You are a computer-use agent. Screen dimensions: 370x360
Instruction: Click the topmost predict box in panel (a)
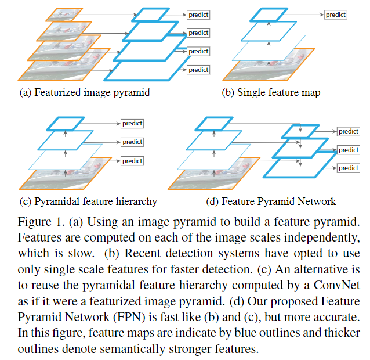(x=198, y=15)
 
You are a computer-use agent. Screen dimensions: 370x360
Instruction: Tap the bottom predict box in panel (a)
(x=198, y=70)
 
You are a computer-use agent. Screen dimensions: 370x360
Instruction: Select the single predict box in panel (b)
(x=336, y=15)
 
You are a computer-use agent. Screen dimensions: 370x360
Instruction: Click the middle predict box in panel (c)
(x=132, y=142)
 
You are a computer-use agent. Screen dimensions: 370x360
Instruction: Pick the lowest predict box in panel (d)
(x=349, y=168)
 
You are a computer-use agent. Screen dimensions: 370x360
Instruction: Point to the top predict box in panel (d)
(x=349, y=131)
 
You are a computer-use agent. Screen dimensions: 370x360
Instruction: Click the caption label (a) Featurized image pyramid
(x=85, y=92)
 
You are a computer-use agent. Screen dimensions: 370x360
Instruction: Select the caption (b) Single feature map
(x=271, y=92)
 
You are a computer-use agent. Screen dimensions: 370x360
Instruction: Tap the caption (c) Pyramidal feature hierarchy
(x=88, y=201)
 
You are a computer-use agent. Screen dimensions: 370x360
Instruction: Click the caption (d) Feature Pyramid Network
(x=271, y=201)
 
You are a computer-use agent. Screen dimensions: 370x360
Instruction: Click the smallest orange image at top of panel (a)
(x=64, y=15)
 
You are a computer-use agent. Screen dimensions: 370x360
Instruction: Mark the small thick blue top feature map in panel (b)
(x=269, y=15)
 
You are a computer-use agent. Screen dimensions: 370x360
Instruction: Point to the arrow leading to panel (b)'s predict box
(x=303, y=15)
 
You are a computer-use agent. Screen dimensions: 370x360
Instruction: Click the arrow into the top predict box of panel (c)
(x=100, y=123)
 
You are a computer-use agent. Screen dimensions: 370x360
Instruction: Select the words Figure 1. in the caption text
(x=41, y=222)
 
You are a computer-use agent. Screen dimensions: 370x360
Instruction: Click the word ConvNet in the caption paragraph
(x=337, y=285)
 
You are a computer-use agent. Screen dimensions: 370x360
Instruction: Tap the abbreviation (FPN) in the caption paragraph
(x=129, y=317)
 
